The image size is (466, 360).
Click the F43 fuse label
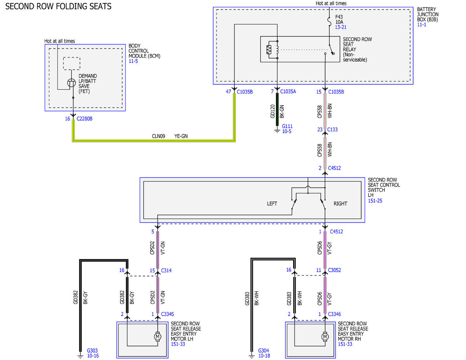pos(339,17)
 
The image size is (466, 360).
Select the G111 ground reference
pos(287,126)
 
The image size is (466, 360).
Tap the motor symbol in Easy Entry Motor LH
pos(158,336)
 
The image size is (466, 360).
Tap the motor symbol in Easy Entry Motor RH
pos(325,336)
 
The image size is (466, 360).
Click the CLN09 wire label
pos(158,136)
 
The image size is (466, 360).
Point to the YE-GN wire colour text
pos(181,136)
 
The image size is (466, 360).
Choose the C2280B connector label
pos(85,118)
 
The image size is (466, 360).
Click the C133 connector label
pos(332,129)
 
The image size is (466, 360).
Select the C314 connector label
pos(166,270)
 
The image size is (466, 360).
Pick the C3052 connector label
pos(334,270)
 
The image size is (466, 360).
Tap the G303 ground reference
pos(92,350)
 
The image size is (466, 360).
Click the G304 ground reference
pos(263,350)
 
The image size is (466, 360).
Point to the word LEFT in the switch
pos(272,203)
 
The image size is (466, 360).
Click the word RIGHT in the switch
pos(340,203)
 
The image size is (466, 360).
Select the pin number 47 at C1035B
pos(228,92)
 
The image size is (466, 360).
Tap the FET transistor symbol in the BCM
pos(71,83)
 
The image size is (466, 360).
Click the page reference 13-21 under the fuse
pos(341,27)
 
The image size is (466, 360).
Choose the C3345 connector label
pos(167,314)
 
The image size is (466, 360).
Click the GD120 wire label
pos(273,111)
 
